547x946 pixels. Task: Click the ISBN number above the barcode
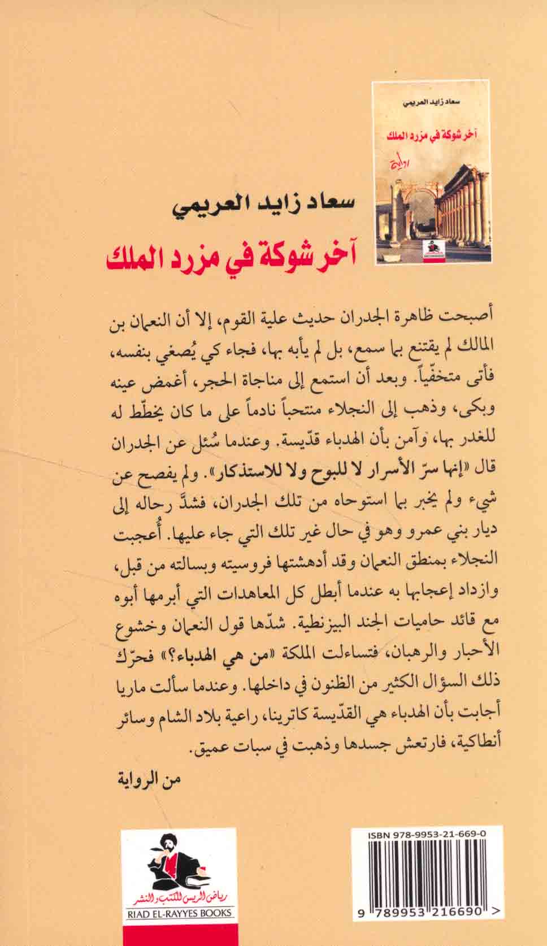427,834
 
